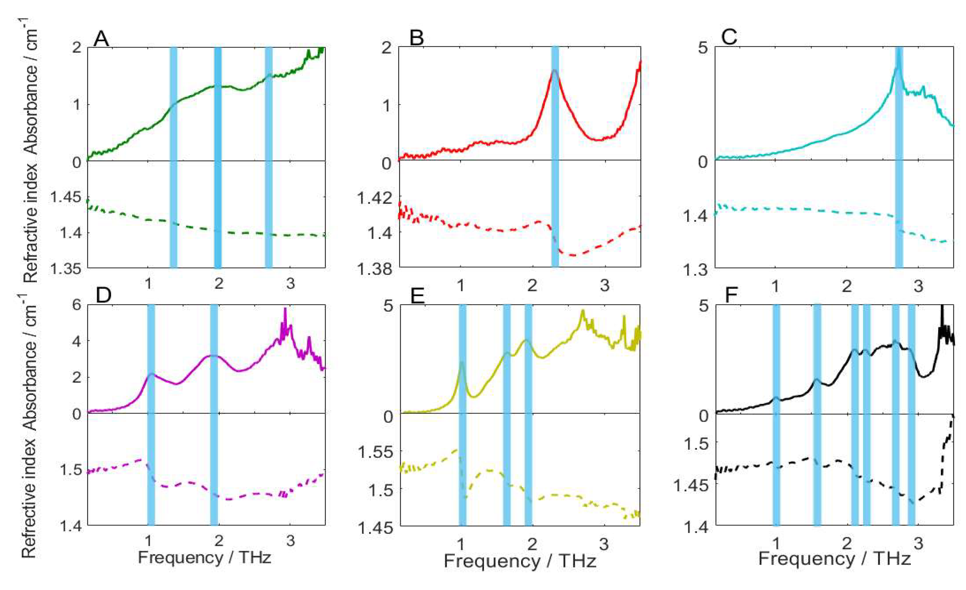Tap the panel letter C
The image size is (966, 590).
point(729,37)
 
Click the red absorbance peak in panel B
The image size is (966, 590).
point(554,71)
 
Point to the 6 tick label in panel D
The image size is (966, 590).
point(77,305)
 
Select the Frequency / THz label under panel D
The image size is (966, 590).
point(204,557)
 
